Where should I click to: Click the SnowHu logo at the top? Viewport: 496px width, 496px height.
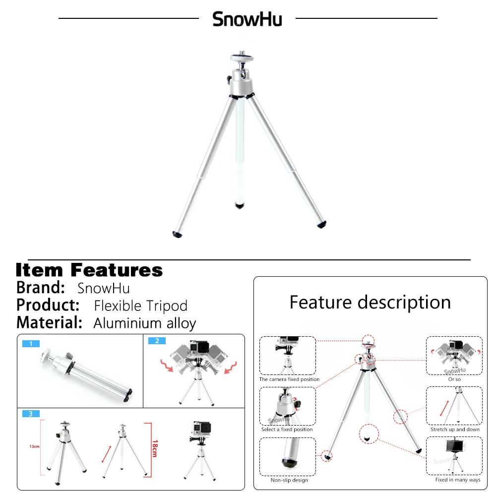247,19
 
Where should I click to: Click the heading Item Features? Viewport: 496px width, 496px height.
89,270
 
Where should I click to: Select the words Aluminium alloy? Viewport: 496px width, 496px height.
145,323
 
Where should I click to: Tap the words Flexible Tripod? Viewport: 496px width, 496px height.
141,306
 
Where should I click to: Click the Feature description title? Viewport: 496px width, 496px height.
370,302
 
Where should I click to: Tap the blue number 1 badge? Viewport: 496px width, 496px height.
31,343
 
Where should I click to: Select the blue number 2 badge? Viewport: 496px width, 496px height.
157,341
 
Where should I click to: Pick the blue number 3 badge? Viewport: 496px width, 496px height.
31,414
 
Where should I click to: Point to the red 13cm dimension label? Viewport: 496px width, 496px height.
34,446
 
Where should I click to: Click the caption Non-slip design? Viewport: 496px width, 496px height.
289,480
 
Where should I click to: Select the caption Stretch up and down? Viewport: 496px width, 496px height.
455,429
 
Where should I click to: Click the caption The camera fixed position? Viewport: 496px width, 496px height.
289,379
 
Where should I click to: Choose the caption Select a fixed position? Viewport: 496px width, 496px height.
287,429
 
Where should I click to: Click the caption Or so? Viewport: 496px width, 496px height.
454,379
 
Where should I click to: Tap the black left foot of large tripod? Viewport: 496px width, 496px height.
177,234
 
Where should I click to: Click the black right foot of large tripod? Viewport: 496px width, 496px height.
321,224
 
